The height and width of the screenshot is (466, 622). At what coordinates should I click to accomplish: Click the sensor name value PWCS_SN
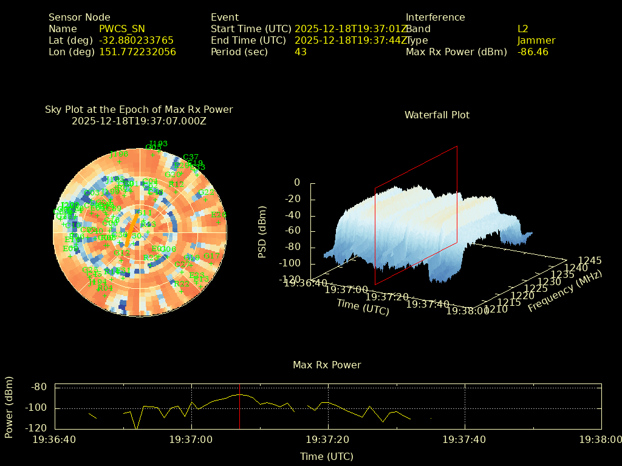click(x=122, y=29)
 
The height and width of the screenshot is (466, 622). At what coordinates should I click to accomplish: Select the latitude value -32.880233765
click(x=136, y=40)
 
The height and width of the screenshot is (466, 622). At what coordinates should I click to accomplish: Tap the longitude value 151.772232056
click(x=137, y=52)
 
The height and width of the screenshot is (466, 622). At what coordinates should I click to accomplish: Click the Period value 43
click(x=301, y=52)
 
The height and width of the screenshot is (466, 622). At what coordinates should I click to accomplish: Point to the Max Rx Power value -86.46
click(x=533, y=52)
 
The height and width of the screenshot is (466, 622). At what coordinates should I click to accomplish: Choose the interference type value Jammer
click(x=536, y=40)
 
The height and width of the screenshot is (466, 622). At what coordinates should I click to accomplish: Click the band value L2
click(x=523, y=29)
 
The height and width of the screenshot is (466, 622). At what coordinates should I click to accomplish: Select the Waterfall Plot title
click(x=437, y=115)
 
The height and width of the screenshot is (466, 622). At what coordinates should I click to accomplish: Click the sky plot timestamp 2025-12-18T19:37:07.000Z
click(x=139, y=121)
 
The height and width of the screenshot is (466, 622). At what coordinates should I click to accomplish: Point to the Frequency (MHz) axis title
click(x=564, y=291)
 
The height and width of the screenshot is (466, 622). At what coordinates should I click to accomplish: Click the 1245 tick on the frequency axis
click(x=590, y=260)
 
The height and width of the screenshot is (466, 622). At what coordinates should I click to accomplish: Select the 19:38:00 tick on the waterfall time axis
click(x=467, y=311)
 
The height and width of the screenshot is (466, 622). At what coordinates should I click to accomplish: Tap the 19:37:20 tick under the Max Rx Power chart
click(x=329, y=439)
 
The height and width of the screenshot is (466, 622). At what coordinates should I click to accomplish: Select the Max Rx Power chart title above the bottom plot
click(x=327, y=365)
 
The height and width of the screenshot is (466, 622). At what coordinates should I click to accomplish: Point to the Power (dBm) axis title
click(x=9, y=407)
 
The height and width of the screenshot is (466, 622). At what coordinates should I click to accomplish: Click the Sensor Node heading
click(x=80, y=17)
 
